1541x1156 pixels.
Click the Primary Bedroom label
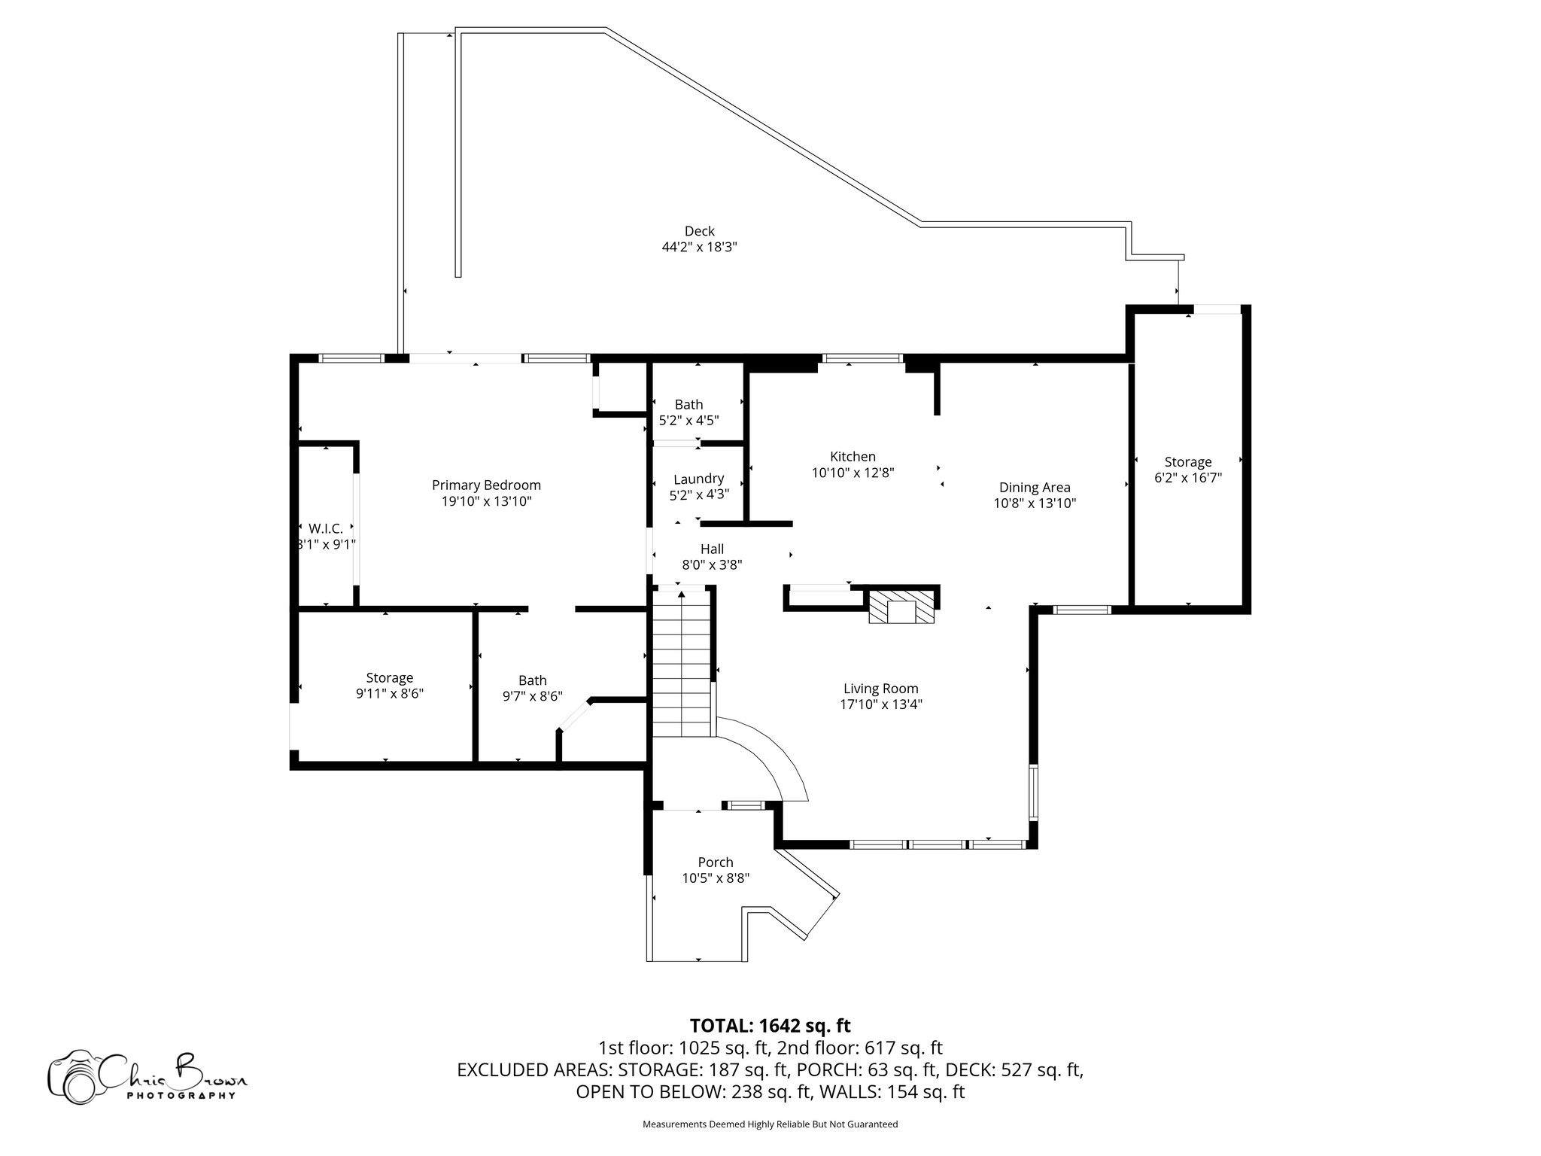tap(486, 485)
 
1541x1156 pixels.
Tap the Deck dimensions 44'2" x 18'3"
tap(698, 247)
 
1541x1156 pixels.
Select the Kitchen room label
tap(853, 457)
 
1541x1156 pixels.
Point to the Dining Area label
tap(1035, 488)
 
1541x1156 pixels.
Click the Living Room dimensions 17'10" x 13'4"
tap(880, 704)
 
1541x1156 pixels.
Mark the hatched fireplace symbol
tap(901, 607)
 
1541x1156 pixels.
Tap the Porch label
tap(715, 862)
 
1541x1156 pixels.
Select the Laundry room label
tap(698, 479)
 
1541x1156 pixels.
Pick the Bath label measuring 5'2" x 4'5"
tap(688, 405)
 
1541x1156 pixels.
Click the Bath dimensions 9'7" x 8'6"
tap(532, 697)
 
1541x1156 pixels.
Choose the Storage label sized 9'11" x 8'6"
tap(389, 678)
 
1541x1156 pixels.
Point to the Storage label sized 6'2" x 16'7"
tap(1187, 462)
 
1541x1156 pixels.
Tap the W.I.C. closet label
tap(325, 528)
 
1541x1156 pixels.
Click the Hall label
tap(712, 549)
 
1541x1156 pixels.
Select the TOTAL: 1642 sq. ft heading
tap(770, 1025)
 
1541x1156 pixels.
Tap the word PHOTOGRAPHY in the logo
tap(181, 1095)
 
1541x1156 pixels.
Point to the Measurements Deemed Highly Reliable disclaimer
tap(770, 1124)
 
